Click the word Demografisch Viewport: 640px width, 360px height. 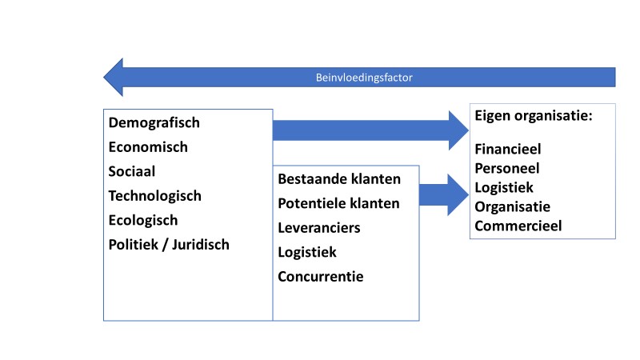(154, 123)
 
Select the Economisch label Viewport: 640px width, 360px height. (148, 147)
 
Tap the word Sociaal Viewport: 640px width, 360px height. (132, 171)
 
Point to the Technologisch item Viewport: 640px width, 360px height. (155, 196)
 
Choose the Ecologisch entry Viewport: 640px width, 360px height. (143, 221)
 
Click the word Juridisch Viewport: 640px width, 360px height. (201, 245)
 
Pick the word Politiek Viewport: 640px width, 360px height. (134, 245)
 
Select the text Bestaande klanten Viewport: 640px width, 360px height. (339, 179)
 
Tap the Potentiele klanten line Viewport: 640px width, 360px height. (338, 203)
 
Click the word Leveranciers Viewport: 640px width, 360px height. (319, 228)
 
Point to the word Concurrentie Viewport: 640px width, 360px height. (321, 277)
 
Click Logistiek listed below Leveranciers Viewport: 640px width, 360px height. (307, 253)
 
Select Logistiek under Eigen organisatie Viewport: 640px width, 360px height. (504, 188)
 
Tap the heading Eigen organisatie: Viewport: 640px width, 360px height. (534, 116)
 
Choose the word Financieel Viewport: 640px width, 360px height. (508, 149)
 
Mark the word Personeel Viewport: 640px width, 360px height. (507, 168)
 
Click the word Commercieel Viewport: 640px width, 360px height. (518, 226)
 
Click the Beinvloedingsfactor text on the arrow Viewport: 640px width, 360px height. (364, 78)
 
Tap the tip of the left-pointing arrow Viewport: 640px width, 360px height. (104, 77)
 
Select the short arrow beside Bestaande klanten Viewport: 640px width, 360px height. (444, 195)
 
